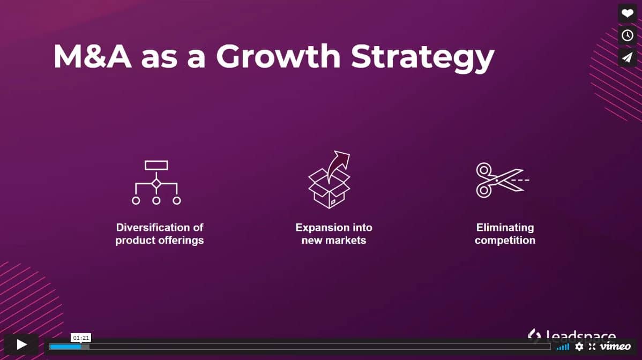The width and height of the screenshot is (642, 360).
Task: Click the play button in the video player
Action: tap(21, 344)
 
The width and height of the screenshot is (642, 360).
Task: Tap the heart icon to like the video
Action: tap(627, 13)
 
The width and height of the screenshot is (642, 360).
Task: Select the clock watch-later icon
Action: tap(627, 35)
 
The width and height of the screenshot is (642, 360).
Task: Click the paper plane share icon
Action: tap(627, 57)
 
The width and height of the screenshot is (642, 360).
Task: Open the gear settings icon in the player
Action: tap(579, 347)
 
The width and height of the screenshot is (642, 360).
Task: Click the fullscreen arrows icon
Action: tap(592, 347)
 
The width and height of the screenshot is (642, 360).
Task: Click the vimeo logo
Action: tap(615, 347)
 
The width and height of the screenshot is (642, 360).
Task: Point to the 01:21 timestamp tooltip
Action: tap(81, 337)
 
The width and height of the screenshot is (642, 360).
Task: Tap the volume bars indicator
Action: tap(563, 347)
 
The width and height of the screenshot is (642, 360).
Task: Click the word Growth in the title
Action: tap(279, 56)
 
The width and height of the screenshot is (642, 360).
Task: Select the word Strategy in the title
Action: tap(422, 57)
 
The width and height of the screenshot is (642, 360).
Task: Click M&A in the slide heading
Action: tap(93, 56)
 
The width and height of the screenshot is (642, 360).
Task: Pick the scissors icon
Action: tap(502, 181)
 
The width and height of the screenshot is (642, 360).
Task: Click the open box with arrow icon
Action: tap(330, 179)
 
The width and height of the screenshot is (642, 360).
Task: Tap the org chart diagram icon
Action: tap(156, 183)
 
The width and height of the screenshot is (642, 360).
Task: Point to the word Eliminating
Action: tap(505, 228)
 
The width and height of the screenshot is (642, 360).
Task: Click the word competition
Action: tap(505, 240)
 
